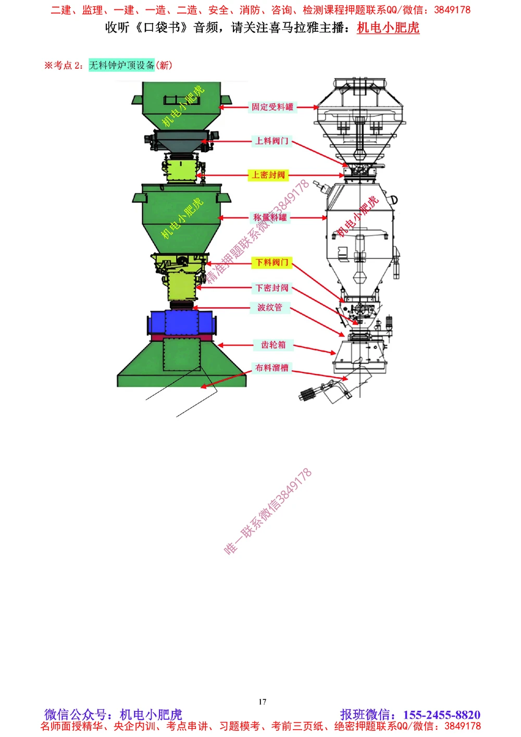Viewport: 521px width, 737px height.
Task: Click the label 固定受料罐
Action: pos(272,107)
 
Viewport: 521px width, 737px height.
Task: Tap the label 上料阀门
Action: pos(271,141)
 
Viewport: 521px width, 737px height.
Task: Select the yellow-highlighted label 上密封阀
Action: pos(269,175)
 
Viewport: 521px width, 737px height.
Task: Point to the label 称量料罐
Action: pos(270,218)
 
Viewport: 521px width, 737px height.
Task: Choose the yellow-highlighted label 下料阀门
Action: pos(271,263)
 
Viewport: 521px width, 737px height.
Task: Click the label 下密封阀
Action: pos(271,288)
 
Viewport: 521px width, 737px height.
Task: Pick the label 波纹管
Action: pos(270,308)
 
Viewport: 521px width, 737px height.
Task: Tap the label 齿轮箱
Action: pos(273,345)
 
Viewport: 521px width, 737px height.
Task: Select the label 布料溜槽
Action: pos(271,368)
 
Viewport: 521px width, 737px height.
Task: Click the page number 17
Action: pos(262,702)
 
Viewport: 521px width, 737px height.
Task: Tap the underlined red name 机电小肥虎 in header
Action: pos(388,28)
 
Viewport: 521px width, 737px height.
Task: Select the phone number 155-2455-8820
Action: pos(441,715)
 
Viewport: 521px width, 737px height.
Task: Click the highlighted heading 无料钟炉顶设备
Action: pos(121,65)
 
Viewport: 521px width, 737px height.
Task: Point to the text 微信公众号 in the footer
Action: pos(76,715)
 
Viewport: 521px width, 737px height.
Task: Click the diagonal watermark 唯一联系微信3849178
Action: pos(268,511)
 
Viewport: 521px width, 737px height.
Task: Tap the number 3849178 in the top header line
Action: pos(452,10)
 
